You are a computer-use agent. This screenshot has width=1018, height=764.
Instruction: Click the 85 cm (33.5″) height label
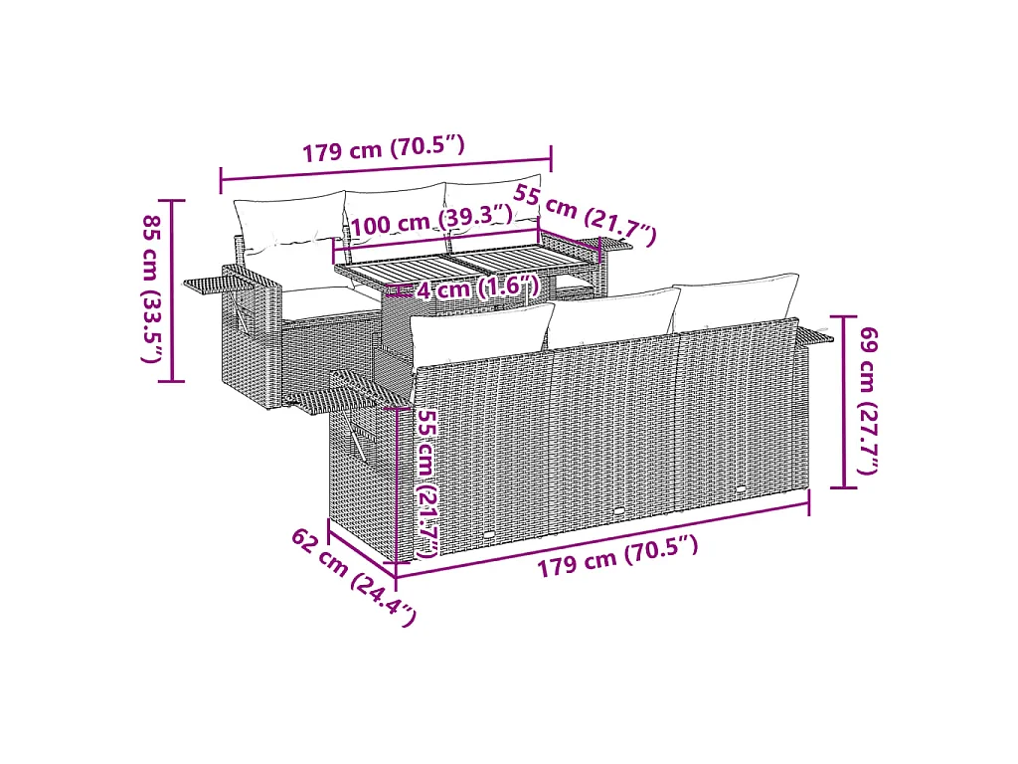151,289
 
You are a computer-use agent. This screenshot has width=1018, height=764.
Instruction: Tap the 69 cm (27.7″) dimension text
869,401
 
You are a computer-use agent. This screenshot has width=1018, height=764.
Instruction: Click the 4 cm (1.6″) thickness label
478,286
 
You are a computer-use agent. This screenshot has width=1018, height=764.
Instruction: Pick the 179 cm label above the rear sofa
384,149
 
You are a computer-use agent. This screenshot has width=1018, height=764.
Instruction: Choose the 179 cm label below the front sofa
617,556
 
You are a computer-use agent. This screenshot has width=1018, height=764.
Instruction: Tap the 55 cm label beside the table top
585,215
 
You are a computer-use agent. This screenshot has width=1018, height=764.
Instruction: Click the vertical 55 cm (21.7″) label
426,483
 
